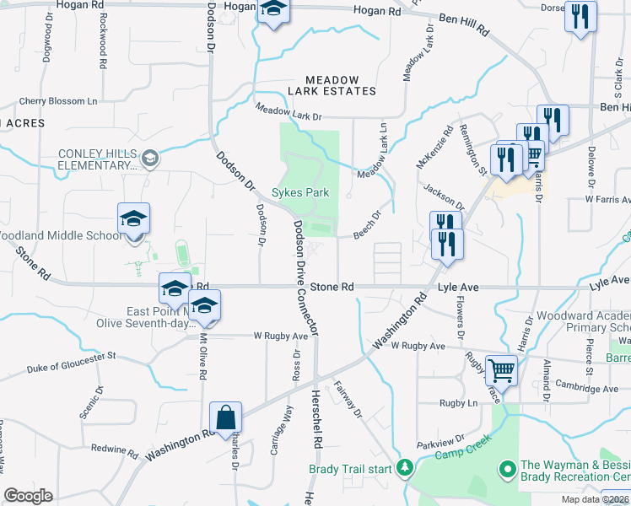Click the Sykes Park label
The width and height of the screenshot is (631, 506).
[x=300, y=192]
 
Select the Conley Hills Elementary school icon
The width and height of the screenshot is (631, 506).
[x=149, y=157]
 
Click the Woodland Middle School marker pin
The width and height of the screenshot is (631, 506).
[x=133, y=220]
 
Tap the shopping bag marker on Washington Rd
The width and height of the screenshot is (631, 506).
[x=226, y=417]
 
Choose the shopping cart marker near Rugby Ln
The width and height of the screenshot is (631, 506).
[x=502, y=369]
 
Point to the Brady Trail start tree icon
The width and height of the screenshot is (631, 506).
[x=404, y=467]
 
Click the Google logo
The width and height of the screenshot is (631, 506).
[x=28, y=496]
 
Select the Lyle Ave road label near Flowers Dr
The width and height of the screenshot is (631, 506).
[x=458, y=288]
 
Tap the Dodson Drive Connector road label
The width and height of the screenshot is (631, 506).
[x=304, y=278]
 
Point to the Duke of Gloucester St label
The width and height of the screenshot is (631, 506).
[x=71, y=363]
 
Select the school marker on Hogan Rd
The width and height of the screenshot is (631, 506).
[x=273, y=11]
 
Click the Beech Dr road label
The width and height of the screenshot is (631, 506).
[x=367, y=224]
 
